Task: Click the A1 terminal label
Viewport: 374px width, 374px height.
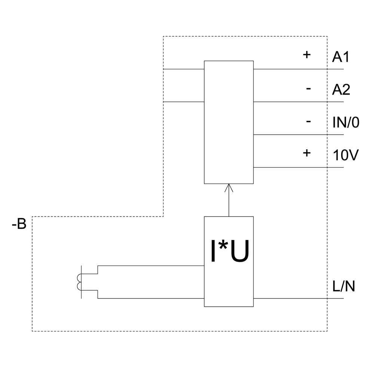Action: [340, 57]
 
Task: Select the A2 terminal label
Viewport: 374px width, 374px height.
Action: [341, 90]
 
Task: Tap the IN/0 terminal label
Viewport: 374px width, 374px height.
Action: [346, 122]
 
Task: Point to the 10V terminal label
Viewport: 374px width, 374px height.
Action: [346, 155]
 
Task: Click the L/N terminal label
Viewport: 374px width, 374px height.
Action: [344, 286]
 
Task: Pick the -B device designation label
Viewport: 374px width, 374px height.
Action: [19, 224]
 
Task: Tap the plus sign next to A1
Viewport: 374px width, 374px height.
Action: [307, 55]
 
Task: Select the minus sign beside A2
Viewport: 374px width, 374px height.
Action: [308, 89]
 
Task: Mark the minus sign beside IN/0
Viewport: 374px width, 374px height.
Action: [308, 121]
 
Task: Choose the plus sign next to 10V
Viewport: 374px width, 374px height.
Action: [307, 153]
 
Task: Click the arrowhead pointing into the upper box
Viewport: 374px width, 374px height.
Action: [229, 187]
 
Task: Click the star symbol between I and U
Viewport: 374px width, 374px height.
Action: [223, 247]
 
